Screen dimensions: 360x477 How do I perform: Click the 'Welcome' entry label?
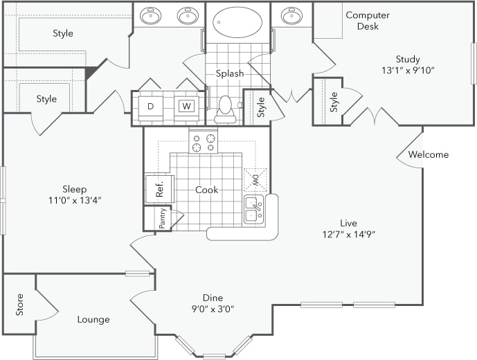(428, 154)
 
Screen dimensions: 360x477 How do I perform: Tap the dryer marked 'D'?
(151, 106)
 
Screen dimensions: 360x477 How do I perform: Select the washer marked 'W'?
(185, 106)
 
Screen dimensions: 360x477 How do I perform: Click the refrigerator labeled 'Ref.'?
(159, 188)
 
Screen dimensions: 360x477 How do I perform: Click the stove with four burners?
(203, 143)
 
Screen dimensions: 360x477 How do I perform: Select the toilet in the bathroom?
(225, 109)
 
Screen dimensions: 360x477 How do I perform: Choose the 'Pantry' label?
(162, 219)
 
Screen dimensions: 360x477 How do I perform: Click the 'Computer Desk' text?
(368, 21)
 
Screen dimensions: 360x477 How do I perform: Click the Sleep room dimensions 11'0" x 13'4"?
(74, 201)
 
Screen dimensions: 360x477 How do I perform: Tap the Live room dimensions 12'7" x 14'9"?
(348, 235)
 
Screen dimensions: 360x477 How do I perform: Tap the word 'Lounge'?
(93, 319)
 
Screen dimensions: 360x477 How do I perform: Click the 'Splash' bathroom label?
(229, 73)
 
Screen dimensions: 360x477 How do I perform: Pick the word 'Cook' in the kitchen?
(206, 190)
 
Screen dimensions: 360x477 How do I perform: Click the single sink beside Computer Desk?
(291, 16)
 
